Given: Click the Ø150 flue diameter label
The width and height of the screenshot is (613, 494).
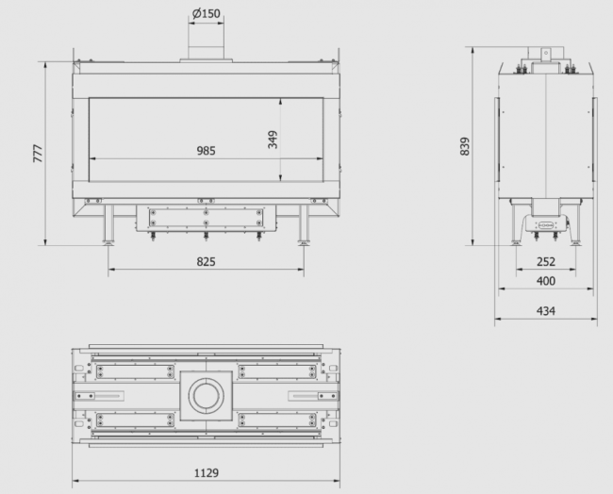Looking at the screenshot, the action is pyautogui.click(x=206, y=14).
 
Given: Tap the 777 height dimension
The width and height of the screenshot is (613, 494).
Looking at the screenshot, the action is pyautogui.click(x=38, y=154).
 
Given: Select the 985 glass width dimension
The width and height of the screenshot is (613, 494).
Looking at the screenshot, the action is pyautogui.click(x=206, y=151).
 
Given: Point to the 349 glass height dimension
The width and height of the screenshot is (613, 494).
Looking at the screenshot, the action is pyautogui.click(x=273, y=140).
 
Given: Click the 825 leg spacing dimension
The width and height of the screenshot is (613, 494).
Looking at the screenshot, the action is pyautogui.click(x=206, y=261).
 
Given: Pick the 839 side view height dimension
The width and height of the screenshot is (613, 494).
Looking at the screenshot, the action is pyautogui.click(x=465, y=146).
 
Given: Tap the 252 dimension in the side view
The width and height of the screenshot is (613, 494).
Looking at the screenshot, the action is pyautogui.click(x=546, y=261).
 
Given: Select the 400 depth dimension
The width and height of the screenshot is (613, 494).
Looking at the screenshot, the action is pyautogui.click(x=546, y=281).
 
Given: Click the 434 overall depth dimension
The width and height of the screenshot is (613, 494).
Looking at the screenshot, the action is pyautogui.click(x=546, y=311).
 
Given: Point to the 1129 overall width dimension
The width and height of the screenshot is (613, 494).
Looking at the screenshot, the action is pyautogui.click(x=207, y=473).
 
